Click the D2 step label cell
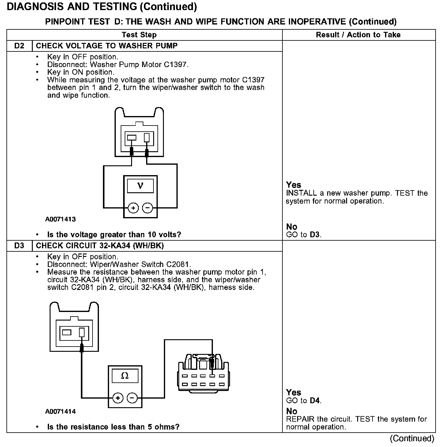pyautogui.click(x=19, y=46)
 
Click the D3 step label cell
pyautogui.click(x=19, y=246)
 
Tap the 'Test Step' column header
pyautogui.click(x=139, y=35)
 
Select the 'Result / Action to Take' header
pyautogui.click(x=358, y=35)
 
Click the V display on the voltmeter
pyautogui.click(x=140, y=186)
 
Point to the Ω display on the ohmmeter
pyautogui.click(x=125, y=376)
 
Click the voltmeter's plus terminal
pyautogui.click(x=133, y=208)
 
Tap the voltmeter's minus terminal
pyautogui.click(x=148, y=208)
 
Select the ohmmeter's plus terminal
pyautogui.click(x=118, y=398)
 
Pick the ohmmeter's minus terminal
pyautogui.click(x=132, y=398)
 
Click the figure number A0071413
pyautogui.click(x=60, y=219)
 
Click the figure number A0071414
pyautogui.click(x=60, y=411)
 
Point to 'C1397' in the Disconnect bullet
pyautogui.click(x=177, y=65)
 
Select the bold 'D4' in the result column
pyautogui.click(x=315, y=400)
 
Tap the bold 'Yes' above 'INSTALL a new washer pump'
pyautogui.click(x=293, y=185)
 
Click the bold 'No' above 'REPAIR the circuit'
pyautogui.click(x=292, y=411)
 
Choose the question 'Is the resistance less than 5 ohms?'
pyautogui.click(x=113, y=427)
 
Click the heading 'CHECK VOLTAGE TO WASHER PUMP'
pyautogui.click(x=107, y=46)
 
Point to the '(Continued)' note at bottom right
pyautogui.click(x=412, y=438)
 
